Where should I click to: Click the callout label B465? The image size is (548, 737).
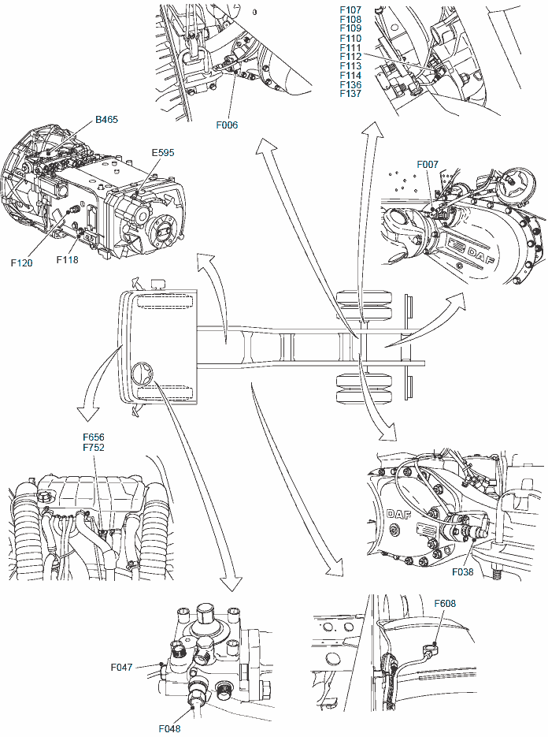point(106,120)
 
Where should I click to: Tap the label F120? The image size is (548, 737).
point(22,262)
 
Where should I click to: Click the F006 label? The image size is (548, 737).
point(227,125)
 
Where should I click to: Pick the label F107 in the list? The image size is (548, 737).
point(350,9)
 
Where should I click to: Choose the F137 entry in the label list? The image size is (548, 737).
point(350,94)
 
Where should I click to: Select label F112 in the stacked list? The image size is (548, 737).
point(350,57)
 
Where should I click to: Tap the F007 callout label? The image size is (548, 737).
point(428,164)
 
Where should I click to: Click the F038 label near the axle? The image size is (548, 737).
point(463,572)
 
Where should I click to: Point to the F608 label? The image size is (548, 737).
point(446,604)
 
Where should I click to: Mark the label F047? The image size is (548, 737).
point(122,667)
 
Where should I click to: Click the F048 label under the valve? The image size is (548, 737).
point(170,728)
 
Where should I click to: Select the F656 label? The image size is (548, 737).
point(93,437)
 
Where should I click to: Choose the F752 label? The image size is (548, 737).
point(93,447)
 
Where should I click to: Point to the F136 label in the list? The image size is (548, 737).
point(350,84)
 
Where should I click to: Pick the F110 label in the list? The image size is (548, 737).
point(350,38)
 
